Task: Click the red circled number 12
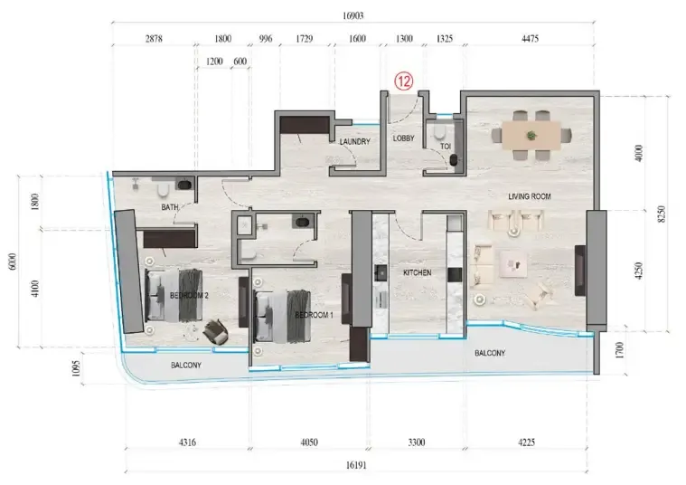[x=404, y=81]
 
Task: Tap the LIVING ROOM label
[x=530, y=196]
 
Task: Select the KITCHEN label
[x=417, y=272]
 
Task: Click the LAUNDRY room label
[x=355, y=141]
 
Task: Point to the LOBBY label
[x=403, y=138]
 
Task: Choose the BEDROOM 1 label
[x=315, y=315]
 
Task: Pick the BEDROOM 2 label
[x=189, y=296]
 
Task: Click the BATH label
[x=170, y=207]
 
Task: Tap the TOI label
[x=446, y=146]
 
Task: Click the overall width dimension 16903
[x=352, y=16]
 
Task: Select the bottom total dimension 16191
[x=356, y=465]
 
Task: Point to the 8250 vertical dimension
[x=661, y=214]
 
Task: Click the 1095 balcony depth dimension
[x=76, y=368]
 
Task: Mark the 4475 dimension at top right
[x=530, y=39]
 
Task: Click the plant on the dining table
[x=531, y=136]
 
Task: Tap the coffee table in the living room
[x=513, y=264]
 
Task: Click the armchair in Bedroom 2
[x=216, y=331]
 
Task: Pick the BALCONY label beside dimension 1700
[x=490, y=353]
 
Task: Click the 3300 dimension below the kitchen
[x=416, y=442]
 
